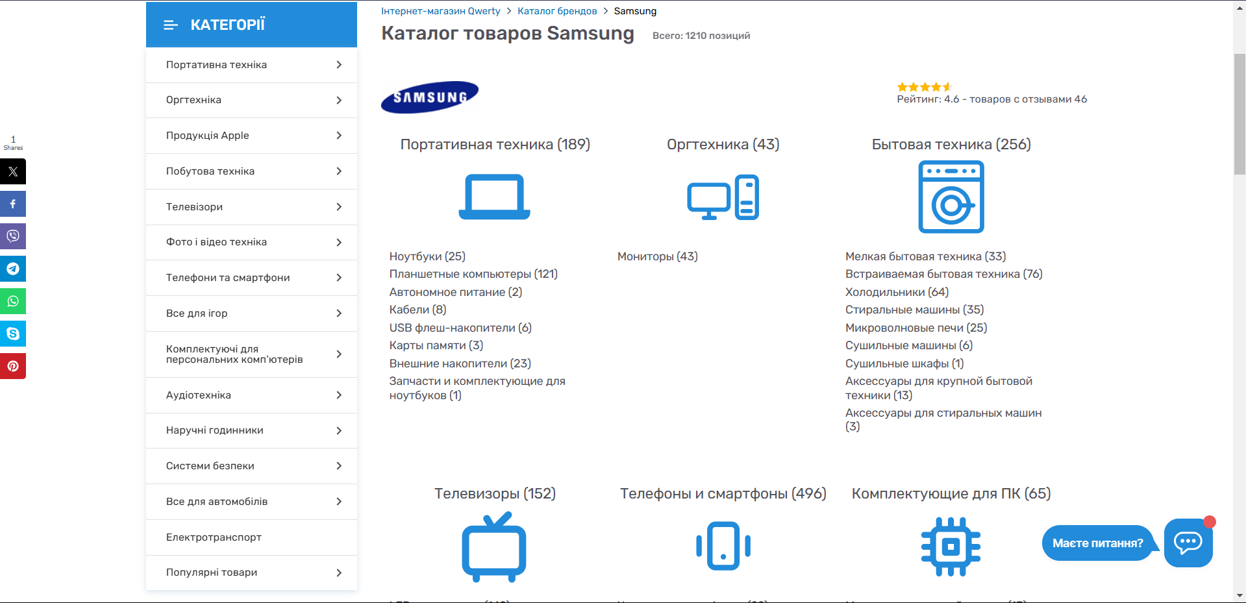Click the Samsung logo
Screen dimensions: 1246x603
429,97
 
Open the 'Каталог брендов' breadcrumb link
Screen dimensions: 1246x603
557,11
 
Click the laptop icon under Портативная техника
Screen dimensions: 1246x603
495,197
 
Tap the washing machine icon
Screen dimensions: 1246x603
951,197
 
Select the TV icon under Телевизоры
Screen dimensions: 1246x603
494,547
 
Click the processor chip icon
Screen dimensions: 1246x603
951,547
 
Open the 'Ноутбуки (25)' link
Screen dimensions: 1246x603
427,256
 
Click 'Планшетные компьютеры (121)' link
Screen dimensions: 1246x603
473,274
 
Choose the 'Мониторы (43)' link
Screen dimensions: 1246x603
658,256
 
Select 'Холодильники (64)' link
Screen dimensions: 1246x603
897,292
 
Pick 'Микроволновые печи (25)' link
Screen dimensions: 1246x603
916,328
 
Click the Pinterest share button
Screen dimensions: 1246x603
13,366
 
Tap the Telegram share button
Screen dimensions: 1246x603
13,269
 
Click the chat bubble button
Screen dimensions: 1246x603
1188,543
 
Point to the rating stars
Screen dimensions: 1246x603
925,87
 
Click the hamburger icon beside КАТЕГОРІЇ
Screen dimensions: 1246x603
171,25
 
